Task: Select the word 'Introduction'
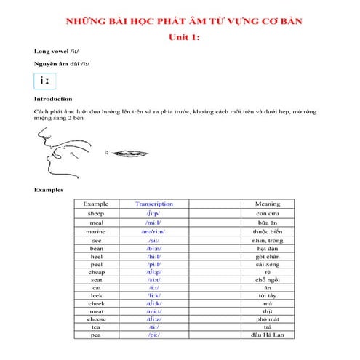point(53,99)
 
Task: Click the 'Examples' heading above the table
point(49,191)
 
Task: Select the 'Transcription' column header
point(153,204)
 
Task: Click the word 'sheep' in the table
point(96,214)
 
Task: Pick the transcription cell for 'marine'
point(153,231)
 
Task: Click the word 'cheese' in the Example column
point(96,319)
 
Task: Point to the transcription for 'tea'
point(153,327)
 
